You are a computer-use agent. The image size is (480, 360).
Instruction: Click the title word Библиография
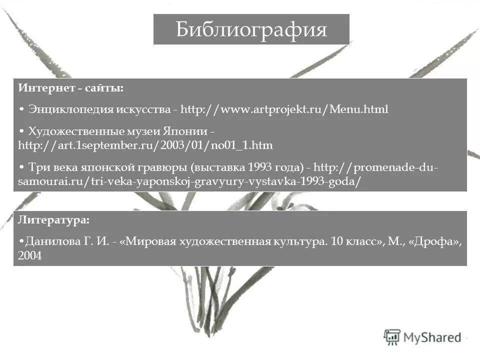tap(251, 29)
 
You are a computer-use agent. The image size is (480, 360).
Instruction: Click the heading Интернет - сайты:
tap(71, 88)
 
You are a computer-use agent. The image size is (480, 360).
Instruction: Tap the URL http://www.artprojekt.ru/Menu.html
tap(284, 109)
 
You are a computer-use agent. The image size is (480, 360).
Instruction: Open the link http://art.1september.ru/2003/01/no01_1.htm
tap(145, 145)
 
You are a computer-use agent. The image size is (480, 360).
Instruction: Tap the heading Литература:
tap(54, 219)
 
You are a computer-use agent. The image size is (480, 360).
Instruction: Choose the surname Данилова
tap(49, 242)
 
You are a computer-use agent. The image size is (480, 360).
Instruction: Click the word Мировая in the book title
tap(149, 242)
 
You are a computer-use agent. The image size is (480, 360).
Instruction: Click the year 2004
tap(29, 256)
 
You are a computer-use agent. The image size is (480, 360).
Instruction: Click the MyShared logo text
tap(432, 337)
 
